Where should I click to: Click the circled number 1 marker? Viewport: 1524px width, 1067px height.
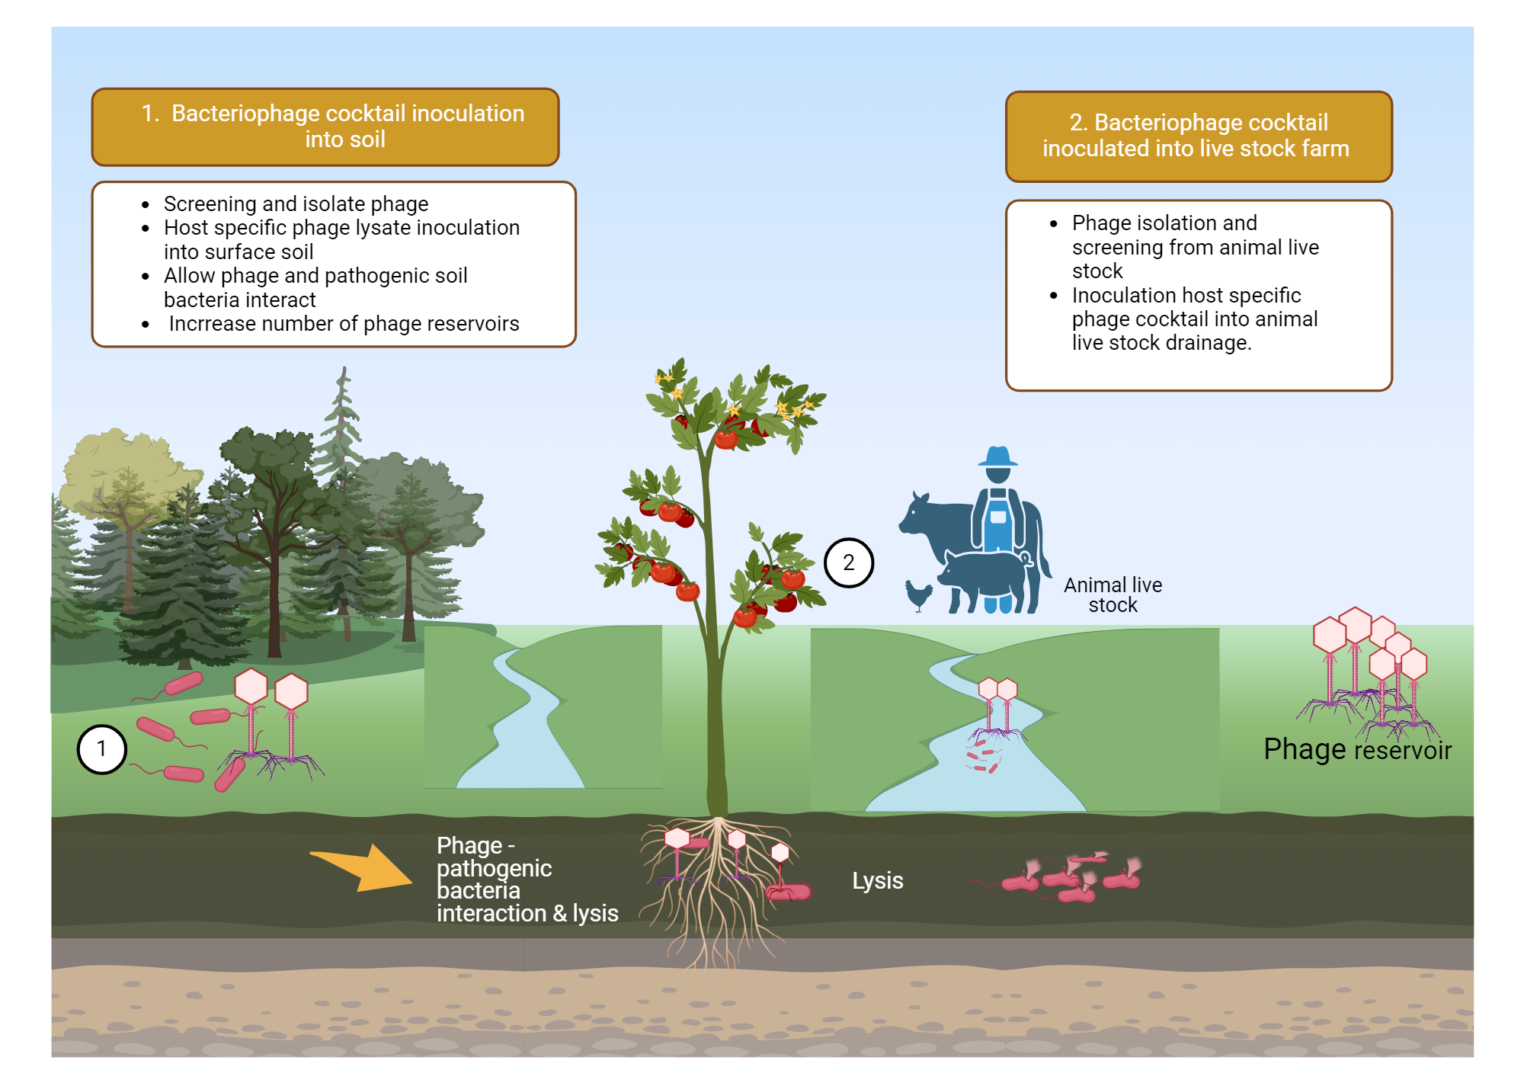tap(101, 749)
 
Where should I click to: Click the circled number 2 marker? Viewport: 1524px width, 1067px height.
tap(848, 562)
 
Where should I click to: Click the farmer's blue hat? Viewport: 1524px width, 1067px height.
tap(997, 457)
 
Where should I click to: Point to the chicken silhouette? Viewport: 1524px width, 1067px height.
tap(919, 594)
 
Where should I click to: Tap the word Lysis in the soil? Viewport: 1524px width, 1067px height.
tap(877, 880)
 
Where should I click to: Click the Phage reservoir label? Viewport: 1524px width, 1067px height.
tap(1357, 749)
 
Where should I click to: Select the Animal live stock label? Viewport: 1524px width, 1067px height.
tap(1113, 594)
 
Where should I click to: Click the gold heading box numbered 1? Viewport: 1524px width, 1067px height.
tap(325, 127)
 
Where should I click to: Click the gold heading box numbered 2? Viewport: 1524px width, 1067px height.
tap(1198, 136)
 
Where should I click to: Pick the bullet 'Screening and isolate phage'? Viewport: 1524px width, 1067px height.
tap(296, 204)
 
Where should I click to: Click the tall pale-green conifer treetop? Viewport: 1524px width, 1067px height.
tap(344, 404)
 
